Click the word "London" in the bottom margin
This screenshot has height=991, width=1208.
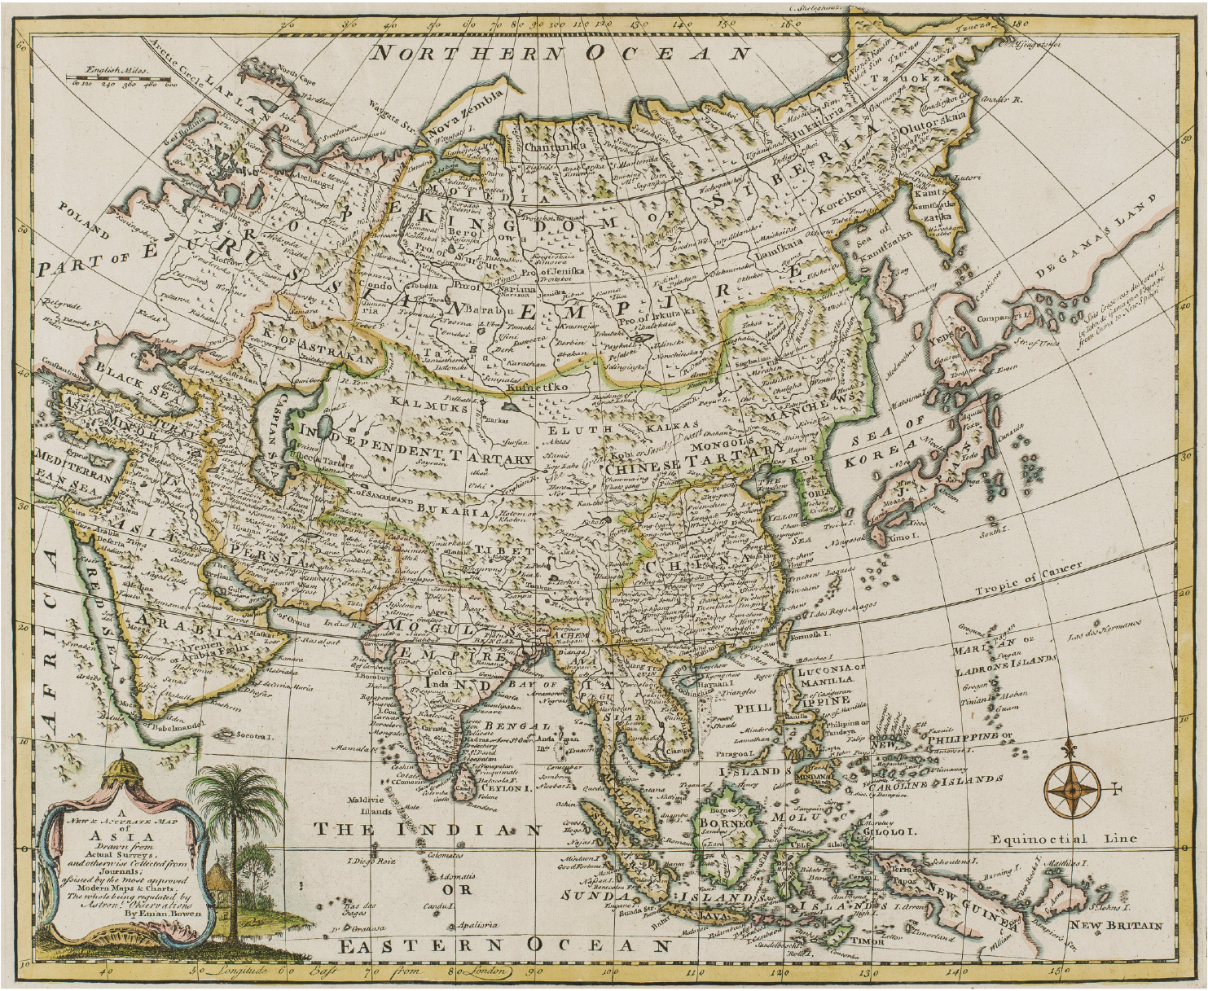point(483,971)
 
